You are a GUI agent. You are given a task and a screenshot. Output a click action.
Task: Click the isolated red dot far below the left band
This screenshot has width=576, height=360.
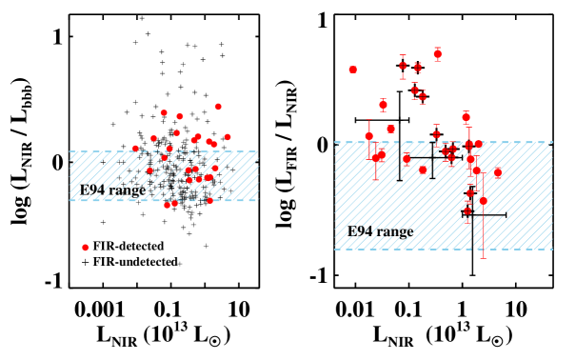pyautogui.click(x=86, y=248)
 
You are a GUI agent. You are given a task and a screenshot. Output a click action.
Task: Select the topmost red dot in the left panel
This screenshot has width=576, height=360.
pyautogui.click(x=218, y=107)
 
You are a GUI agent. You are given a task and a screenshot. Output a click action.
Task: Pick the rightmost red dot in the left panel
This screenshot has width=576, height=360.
pyautogui.click(x=228, y=137)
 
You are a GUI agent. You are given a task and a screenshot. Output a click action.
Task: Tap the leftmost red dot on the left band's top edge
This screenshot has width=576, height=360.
pyautogui.click(x=135, y=149)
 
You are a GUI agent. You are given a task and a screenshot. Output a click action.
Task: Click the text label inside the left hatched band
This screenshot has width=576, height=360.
pyautogui.click(x=143, y=190)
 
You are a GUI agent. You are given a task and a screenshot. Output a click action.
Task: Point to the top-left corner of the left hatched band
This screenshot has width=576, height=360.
pyautogui.click(x=70, y=150)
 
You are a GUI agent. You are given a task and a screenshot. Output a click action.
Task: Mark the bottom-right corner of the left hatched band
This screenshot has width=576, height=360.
pyautogui.click(x=258, y=200)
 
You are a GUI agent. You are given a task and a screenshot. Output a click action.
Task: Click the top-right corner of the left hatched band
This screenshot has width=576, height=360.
pyautogui.click(x=258, y=150)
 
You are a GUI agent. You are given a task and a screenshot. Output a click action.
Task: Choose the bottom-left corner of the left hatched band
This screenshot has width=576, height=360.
pyautogui.click(x=70, y=200)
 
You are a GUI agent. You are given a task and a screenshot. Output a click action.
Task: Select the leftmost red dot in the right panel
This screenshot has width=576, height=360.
pyautogui.click(x=352, y=70)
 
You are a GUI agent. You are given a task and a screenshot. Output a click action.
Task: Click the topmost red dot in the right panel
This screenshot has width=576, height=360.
pyautogui.click(x=437, y=54)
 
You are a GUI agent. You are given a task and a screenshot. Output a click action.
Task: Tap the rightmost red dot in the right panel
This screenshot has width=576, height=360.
pyautogui.click(x=497, y=172)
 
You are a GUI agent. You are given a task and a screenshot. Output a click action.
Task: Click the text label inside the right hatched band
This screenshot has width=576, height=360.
pyautogui.click(x=380, y=231)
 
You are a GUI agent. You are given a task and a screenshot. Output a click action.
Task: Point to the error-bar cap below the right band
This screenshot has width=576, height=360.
pyautogui.click(x=483, y=256)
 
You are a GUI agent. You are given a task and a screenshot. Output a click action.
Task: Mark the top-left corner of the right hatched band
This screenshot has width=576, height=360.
pyautogui.click(x=335, y=142)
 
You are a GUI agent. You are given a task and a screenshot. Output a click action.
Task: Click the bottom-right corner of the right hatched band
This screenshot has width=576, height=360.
pyautogui.click(x=552, y=250)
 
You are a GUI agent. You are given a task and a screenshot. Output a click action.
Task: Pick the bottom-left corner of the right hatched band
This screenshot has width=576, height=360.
pyautogui.click(x=335, y=250)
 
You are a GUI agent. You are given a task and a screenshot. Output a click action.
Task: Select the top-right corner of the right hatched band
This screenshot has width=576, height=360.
pyautogui.click(x=552, y=142)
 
